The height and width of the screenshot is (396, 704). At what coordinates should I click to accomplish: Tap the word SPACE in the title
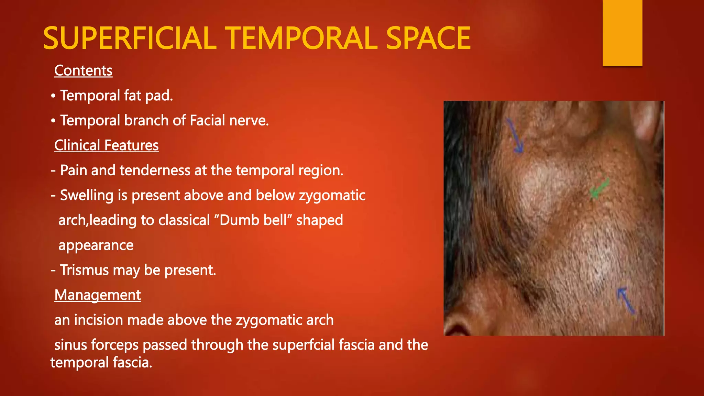pos(428,38)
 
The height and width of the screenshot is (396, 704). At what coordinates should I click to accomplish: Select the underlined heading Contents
pos(83,71)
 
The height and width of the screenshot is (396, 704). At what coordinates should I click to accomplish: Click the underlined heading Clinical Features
pos(106,145)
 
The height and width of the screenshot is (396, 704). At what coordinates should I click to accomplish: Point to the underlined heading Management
pos(97,295)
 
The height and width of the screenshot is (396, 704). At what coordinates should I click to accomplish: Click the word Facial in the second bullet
pos(207,121)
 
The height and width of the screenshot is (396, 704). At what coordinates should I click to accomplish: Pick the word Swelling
pos(87,196)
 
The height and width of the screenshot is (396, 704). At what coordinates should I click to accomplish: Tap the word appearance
pos(96,245)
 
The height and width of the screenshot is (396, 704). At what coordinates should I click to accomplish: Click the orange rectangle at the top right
pos(622,33)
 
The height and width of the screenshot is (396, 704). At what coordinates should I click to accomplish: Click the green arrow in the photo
pos(599,189)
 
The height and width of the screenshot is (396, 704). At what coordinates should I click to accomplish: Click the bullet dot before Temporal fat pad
pos(53,96)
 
